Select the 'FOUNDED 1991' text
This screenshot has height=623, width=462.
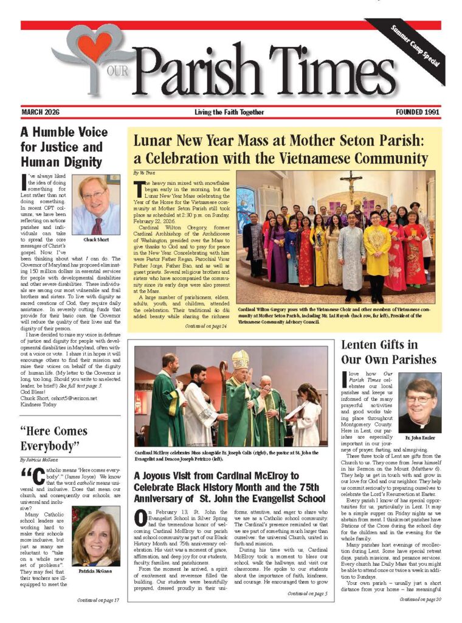(418, 113)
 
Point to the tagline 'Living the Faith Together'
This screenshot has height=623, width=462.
(229, 113)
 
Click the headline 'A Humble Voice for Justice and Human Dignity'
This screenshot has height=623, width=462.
(64, 147)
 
